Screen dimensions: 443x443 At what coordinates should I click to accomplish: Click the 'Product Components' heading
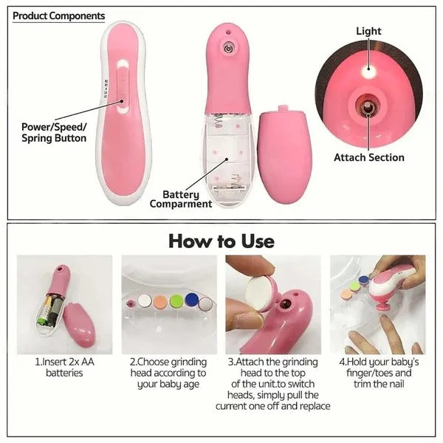[59, 16]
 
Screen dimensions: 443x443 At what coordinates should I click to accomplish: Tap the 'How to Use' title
[221, 241]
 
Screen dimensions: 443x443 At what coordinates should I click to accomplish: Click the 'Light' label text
[368, 31]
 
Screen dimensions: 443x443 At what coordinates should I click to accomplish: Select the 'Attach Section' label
[368, 157]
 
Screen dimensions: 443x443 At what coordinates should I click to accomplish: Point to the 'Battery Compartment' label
[181, 199]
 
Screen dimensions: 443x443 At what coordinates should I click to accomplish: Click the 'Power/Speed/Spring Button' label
[54, 132]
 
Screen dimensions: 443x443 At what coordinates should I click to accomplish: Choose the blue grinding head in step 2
[191, 299]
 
